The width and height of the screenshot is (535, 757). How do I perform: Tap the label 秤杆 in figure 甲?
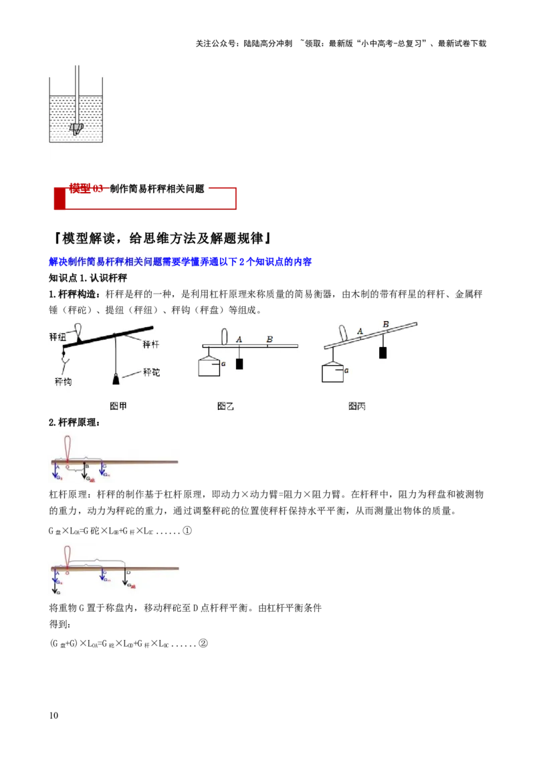pyautogui.click(x=150, y=344)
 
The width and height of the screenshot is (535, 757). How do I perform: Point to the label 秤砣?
pyautogui.click(x=151, y=372)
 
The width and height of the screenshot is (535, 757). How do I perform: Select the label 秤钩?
pyautogui.click(x=63, y=382)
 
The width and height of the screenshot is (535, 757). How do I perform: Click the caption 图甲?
pyautogui.click(x=118, y=406)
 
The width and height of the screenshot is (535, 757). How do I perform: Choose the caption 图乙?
pyautogui.click(x=225, y=406)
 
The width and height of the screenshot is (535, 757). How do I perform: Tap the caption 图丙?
pyautogui.click(x=356, y=406)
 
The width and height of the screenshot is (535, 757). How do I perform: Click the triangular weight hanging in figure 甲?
pyautogui.click(x=116, y=379)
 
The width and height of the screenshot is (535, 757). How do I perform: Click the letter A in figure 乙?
pyautogui.click(x=239, y=339)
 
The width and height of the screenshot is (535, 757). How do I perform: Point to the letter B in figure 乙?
pyautogui.click(x=269, y=339)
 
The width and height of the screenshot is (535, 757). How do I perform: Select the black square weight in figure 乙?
pyautogui.click(x=239, y=364)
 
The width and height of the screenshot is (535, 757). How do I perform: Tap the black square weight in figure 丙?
pyautogui.click(x=383, y=352)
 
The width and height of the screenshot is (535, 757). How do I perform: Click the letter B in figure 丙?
pyautogui.click(x=385, y=324)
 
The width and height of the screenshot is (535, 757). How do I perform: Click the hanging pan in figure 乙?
pyautogui.click(x=209, y=366)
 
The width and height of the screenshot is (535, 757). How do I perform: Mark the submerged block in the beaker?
pyautogui.click(x=77, y=128)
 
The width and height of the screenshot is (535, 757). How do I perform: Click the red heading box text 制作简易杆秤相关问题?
pyautogui.click(x=156, y=189)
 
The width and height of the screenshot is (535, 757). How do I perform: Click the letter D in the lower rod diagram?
pyautogui.click(x=128, y=573)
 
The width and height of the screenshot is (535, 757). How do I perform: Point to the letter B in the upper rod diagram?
pyautogui.click(x=87, y=466)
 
